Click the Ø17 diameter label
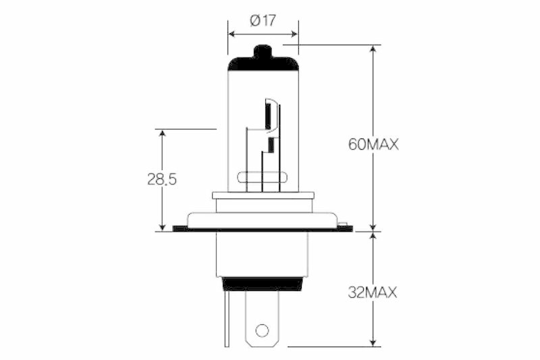[263, 20]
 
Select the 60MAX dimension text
[373, 144]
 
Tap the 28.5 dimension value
[162, 179]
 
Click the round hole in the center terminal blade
[262, 331]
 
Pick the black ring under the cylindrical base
[262, 284]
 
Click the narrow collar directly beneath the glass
[263, 195]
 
